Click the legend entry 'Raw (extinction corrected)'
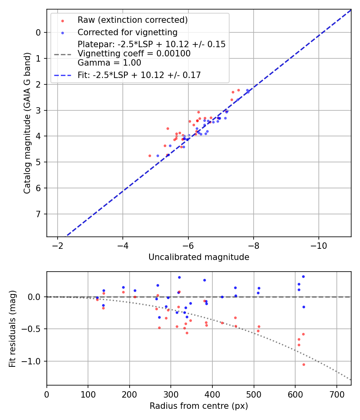click(x=132, y=20)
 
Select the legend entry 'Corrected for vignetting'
click(x=128, y=32)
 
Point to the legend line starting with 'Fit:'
click(x=139, y=75)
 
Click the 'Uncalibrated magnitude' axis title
click(x=199, y=257)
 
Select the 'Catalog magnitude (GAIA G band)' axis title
click(x=27, y=122)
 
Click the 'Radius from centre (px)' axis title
click(x=199, y=406)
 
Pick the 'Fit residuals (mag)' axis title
click(x=13, y=328)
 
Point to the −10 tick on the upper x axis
click(x=318, y=245)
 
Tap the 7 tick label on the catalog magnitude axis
click(x=38, y=214)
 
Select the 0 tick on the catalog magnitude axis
click(x=38, y=32)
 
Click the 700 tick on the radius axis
click(x=336, y=394)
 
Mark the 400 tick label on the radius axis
click(x=212, y=394)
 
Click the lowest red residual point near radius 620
click(x=304, y=364)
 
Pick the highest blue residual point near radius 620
click(x=303, y=276)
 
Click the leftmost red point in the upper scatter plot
click(x=150, y=156)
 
